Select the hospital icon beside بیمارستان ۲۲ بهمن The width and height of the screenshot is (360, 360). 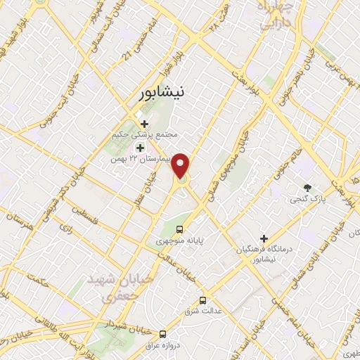(140, 148)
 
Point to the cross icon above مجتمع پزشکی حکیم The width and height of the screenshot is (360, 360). (145, 124)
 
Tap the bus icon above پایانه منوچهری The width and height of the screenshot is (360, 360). (179, 229)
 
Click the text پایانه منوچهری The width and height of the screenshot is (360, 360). (179, 240)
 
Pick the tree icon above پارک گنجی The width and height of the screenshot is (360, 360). (307, 188)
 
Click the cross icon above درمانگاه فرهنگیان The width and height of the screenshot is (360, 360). (264, 238)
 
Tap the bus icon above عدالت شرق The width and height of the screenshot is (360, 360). (203, 299)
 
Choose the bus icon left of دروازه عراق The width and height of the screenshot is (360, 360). (163, 334)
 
